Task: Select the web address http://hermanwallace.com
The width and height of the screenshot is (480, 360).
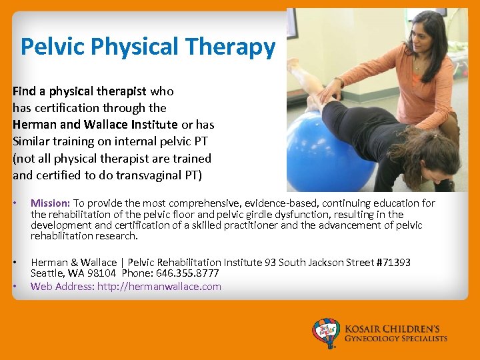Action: click(x=159, y=287)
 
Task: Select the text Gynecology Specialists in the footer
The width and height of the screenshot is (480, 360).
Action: click(x=395, y=339)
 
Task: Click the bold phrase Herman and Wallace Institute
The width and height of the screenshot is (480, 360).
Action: click(x=95, y=125)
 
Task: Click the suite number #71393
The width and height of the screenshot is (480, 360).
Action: click(x=393, y=263)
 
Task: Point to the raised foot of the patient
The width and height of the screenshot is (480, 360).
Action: click(x=293, y=63)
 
